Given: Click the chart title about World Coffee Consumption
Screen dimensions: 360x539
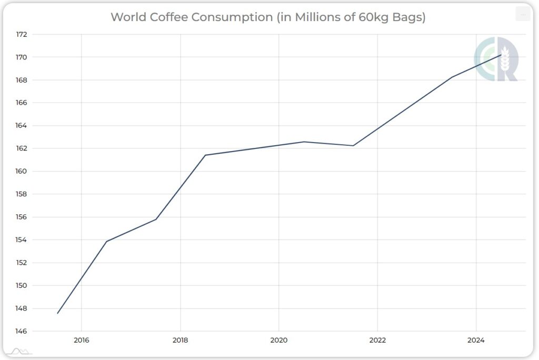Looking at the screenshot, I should [x=268, y=17].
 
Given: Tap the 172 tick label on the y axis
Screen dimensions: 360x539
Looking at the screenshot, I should [x=22, y=34].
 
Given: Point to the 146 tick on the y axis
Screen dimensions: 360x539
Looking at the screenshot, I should [x=22, y=331].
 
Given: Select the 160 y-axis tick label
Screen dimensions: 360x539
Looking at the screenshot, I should [x=22, y=171].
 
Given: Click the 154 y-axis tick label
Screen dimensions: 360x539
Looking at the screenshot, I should [x=22, y=239].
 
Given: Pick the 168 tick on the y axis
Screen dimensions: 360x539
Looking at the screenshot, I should [x=22, y=80].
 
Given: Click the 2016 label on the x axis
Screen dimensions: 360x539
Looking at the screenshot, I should [x=82, y=341].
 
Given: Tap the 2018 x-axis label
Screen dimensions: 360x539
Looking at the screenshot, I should [x=180, y=341].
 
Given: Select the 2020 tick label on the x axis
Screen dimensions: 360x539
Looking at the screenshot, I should [x=278, y=341].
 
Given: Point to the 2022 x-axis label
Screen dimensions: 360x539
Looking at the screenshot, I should [x=377, y=341].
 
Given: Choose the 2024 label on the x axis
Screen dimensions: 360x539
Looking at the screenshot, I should [x=476, y=341].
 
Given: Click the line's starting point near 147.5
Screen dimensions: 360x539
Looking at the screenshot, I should [x=57, y=313].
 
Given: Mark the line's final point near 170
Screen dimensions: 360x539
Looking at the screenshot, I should [x=501, y=55].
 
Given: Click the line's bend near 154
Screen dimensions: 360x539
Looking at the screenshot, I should [x=107, y=242].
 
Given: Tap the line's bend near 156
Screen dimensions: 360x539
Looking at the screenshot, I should [x=156, y=219].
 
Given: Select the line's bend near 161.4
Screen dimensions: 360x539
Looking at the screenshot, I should [x=205, y=155].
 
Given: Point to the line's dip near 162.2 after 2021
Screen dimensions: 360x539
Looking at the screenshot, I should [x=353, y=146].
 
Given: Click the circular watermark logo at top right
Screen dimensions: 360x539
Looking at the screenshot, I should [x=495, y=59].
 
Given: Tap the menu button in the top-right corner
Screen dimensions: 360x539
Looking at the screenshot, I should [x=522, y=15].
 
